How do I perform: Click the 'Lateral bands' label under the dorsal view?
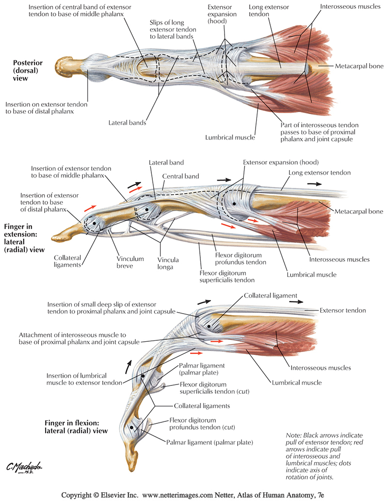tap(128, 123)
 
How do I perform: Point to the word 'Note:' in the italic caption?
tap(295, 435)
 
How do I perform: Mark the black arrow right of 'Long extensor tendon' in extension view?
tap(313, 184)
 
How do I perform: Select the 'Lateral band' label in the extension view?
tap(166, 163)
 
